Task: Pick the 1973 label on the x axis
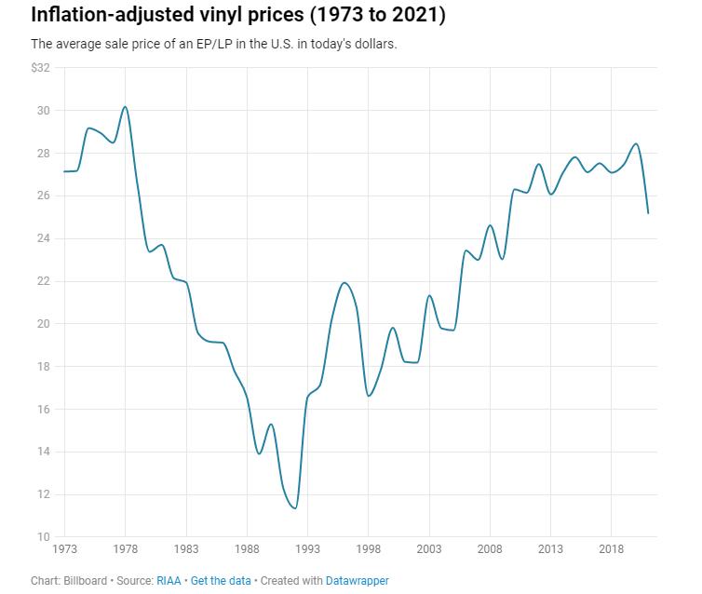[65, 549]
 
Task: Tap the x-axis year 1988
[247, 549]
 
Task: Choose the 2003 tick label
[429, 549]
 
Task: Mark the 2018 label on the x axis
[612, 549]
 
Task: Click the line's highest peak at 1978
[125, 106]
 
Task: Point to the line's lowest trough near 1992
[295, 508]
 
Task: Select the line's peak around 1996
[344, 282]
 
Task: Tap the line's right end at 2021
[648, 213]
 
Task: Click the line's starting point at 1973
[64, 171]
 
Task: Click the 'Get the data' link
[221, 581]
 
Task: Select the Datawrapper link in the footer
[358, 581]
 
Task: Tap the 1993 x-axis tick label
[307, 549]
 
